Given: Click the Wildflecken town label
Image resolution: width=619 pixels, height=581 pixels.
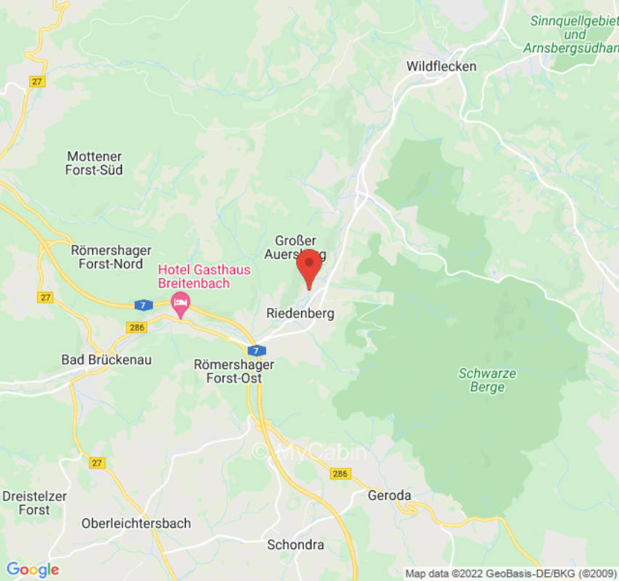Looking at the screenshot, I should [x=441, y=66].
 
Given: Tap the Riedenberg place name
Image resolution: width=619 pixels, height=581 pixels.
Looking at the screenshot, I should [x=300, y=314].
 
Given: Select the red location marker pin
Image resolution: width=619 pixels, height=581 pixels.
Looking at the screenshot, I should [x=309, y=267].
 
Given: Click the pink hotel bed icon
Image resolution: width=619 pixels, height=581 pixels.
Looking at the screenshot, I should [x=180, y=301].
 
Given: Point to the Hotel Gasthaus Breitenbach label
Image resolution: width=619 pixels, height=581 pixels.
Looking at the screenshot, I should [x=205, y=277].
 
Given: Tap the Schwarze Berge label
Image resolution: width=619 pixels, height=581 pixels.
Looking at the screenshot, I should [x=487, y=380].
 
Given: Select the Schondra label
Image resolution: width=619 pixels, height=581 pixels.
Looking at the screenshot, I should [x=295, y=545].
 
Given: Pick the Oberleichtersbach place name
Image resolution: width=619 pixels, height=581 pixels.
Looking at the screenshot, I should [x=136, y=524].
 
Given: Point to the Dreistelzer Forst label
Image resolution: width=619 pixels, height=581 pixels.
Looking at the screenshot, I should [x=35, y=503].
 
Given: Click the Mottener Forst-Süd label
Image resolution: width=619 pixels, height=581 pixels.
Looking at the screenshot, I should [x=94, y=163].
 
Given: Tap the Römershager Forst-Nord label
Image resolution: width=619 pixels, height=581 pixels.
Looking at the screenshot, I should [x=111, y=257].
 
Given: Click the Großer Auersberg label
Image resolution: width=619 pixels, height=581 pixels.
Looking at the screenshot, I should [x=296, y=247].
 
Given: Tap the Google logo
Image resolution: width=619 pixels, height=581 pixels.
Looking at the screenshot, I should [x=32, y=569].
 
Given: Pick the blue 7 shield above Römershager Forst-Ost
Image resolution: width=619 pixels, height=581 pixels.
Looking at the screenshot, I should [x=255, y=351].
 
